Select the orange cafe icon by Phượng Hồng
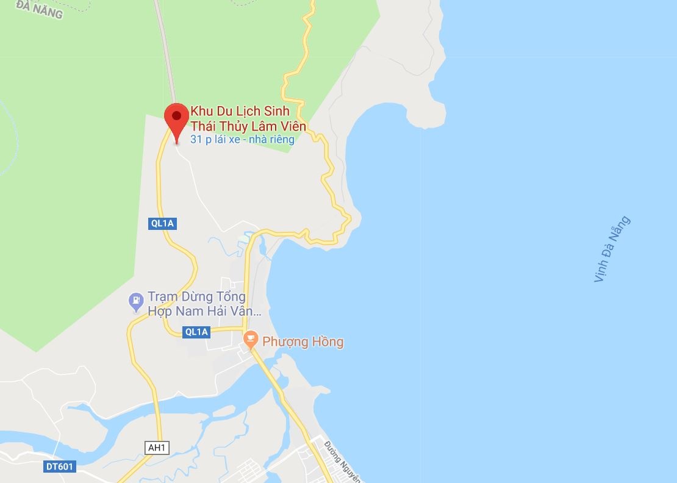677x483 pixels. pos(250,340)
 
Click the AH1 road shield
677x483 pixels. pos(157,448)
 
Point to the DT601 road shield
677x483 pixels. pos(60,467)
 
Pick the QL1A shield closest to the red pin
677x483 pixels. pos(163,223)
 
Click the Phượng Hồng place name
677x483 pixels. pos(303,342)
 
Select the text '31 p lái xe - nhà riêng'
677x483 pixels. pos(242,140)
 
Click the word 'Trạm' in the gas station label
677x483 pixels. pos(162,297)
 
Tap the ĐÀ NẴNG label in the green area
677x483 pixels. pos(40,9)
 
